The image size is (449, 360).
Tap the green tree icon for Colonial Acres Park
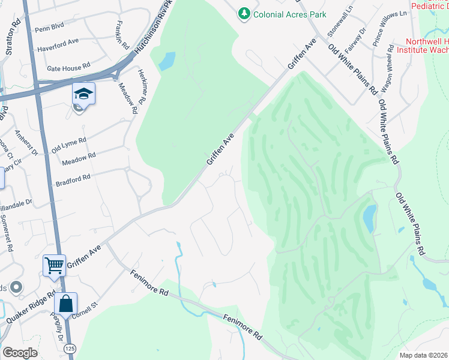point(244,13)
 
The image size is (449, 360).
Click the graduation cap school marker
point(83,94)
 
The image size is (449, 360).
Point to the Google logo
point(20,353)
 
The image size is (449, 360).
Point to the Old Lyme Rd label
point(69,145)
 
